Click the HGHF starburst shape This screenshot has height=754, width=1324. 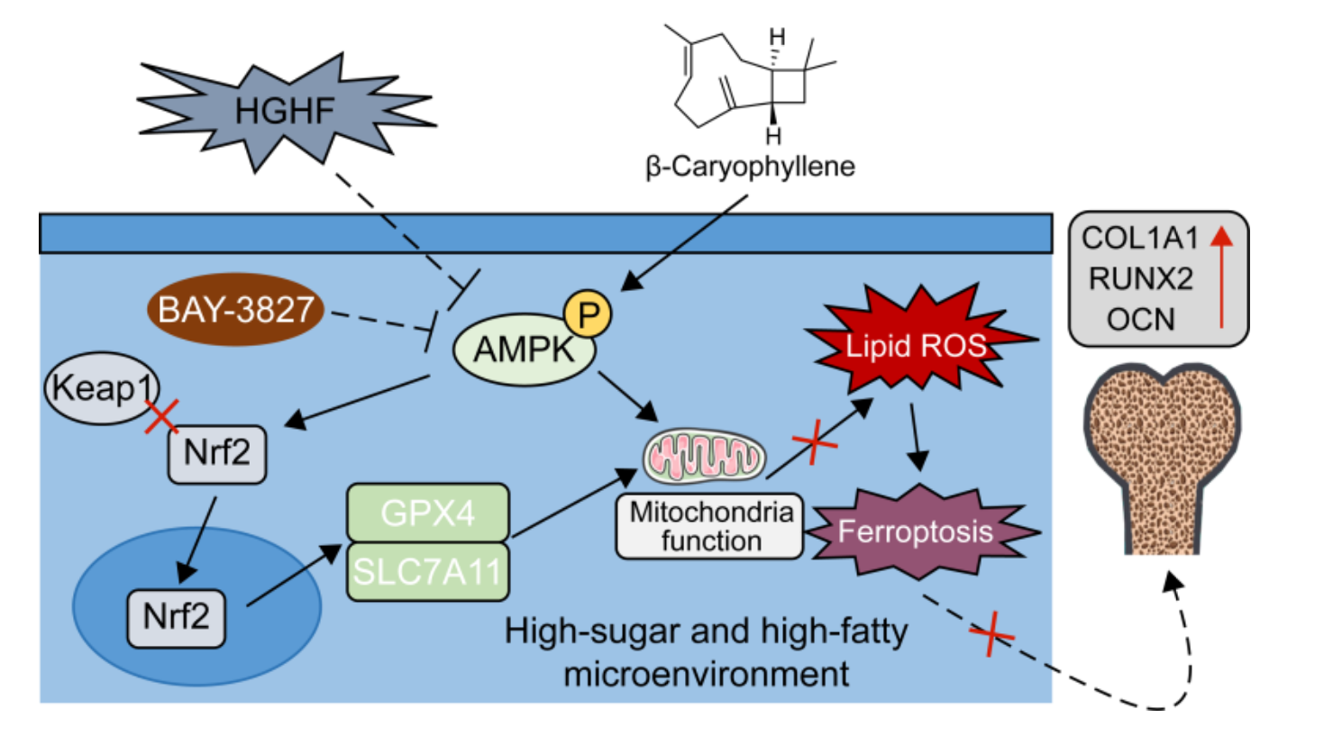(284, 112)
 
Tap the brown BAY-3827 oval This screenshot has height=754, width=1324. (236, 311)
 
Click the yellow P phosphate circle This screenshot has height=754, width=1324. (588, 314)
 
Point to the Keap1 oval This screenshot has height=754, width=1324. (101, 388)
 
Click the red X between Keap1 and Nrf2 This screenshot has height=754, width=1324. (162, 416)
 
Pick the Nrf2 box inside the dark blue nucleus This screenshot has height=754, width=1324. (177, 617)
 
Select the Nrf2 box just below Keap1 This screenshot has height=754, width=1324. (217, 453)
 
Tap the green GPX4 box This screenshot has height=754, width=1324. (428, 513)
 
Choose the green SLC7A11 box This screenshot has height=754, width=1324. (428, 571)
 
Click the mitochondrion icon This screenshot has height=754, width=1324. (705, 457)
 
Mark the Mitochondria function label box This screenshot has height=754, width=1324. (710, 526)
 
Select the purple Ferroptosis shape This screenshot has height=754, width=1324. (916, 531)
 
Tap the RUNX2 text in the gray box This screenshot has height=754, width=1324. (1140, 279)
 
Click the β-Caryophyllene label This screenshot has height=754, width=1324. (750, 167)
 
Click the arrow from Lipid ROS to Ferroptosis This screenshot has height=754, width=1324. (917, 438)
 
